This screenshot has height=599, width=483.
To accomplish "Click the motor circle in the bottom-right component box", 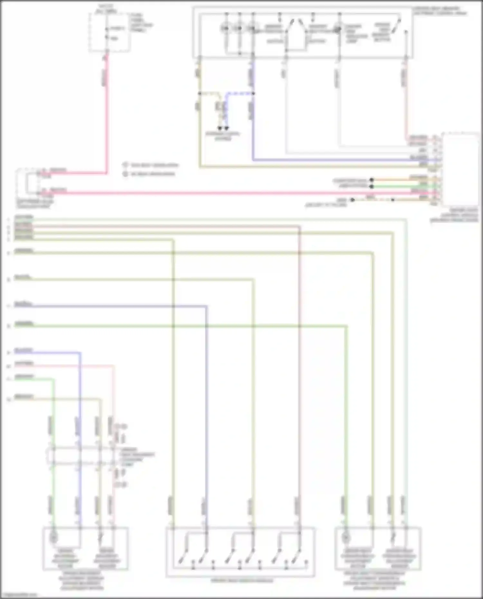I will click(x=346, y=537).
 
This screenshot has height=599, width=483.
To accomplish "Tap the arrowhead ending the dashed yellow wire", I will click(x=220, y=128).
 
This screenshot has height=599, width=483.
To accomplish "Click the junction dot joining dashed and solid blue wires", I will click(x=253, y=94).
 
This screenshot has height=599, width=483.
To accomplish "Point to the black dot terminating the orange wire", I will click(x=372, y=180).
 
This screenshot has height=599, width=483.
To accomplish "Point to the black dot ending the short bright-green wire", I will click(x=372, y=186).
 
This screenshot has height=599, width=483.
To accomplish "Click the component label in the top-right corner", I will click(x=440, y=11).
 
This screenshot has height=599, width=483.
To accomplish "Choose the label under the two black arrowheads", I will click(x=223, y=136).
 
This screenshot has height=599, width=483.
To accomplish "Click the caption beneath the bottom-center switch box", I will click(x=242, y=581).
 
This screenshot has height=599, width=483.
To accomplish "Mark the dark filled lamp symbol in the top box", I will click(x=337, y=30).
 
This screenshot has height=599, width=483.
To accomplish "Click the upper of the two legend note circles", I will click(x=125, y=165).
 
